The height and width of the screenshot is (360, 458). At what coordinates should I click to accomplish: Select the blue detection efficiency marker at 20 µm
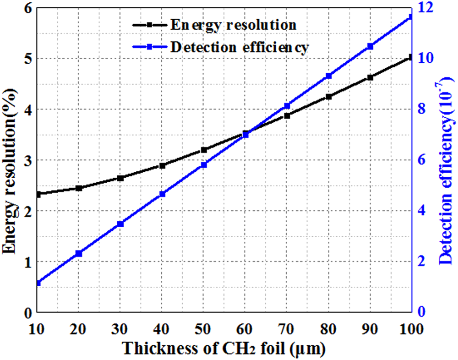(79, 253)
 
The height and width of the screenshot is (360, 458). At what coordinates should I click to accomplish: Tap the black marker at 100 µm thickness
(411, 57)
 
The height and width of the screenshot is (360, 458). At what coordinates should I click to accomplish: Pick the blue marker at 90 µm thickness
(370, 46)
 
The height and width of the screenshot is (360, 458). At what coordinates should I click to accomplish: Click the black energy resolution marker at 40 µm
(162, 166)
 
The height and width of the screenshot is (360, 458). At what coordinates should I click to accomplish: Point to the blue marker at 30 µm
(120, 224)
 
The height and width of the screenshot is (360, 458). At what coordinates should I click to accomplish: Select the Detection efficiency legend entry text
(239, 47)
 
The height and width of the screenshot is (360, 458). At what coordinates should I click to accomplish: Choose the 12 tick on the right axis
(427, 8)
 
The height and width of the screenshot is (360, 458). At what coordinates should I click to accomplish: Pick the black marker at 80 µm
(328, 97)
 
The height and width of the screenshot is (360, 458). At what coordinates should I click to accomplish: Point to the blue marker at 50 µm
(204, 165)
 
